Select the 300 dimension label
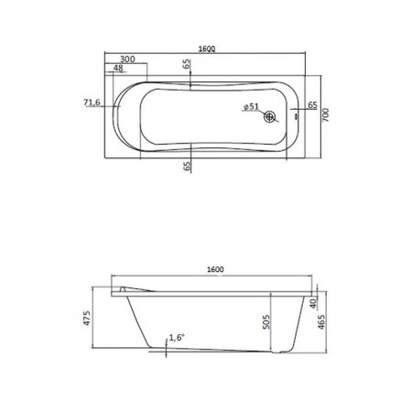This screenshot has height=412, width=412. click(x=127, y=59)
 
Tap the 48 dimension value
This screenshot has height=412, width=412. click(x=119, y=69)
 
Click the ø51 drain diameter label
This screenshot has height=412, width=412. click(x=251, y=107)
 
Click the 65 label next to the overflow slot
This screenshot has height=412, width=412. click(x=312, y=106)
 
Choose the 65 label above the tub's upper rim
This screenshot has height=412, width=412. click(x=187, y=66)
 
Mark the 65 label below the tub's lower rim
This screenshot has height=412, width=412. click(x=187, y=166)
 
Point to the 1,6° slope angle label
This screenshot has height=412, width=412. click(x=178, y=338)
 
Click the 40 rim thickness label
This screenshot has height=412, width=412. click(x=312, y=303)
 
